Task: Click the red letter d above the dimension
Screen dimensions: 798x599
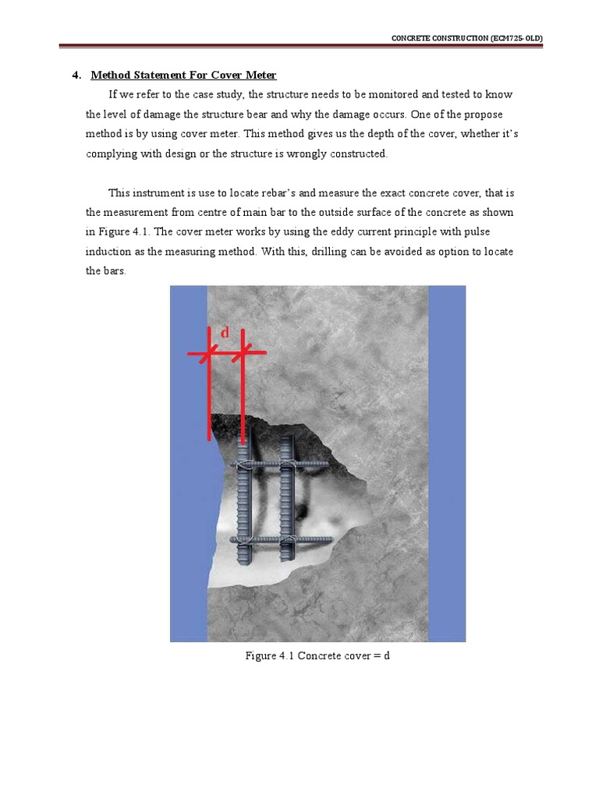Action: [225, 333]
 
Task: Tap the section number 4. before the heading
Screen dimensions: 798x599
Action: [76, 76]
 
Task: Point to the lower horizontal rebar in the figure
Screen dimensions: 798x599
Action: [312, 539]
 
